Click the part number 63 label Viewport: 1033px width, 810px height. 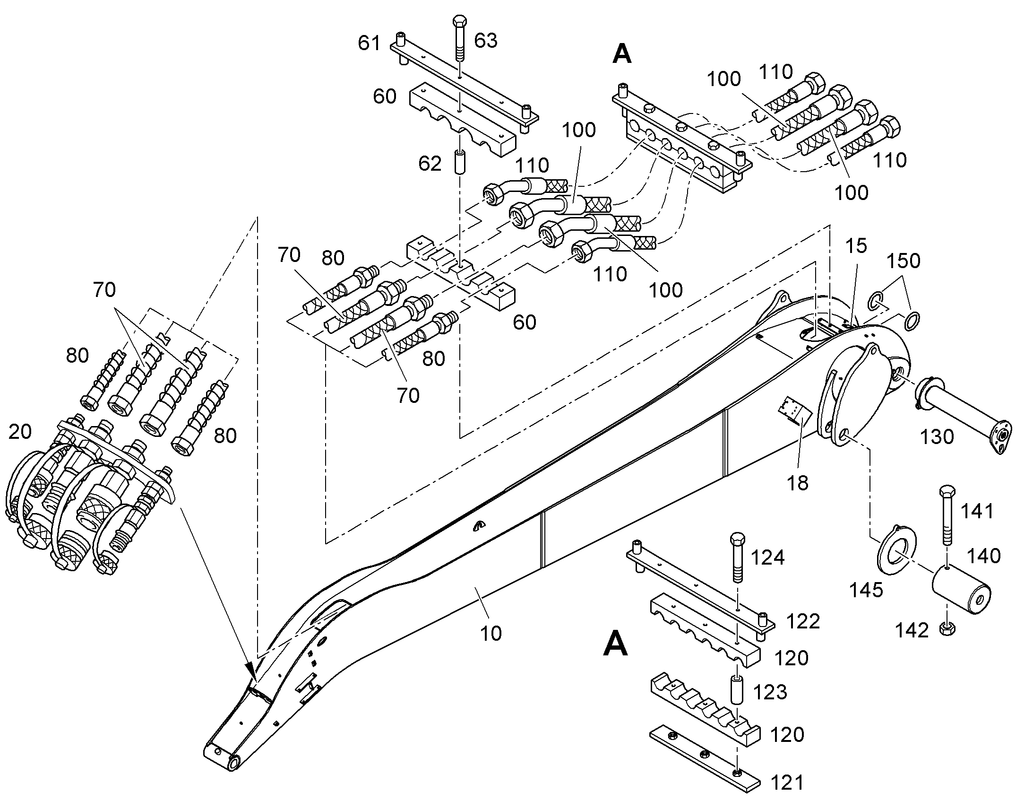(x=486, y=41)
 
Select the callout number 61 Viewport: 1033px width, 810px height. (x=369, y=43)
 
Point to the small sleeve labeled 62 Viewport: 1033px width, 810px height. (x=460, y=162)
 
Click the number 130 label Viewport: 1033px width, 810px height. (x=937, y=437)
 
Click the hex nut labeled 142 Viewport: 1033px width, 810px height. (x=947, y=629)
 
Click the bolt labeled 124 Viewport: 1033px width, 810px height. (x=738, y=557)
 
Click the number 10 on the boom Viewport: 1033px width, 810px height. (x=491, y=634)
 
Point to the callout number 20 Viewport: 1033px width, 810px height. (x=20, y=432)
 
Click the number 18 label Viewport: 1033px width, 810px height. (x=798, y=483)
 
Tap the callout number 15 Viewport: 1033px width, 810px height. (x=856, y=246)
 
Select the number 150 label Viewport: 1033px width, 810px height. (x=904, y=261)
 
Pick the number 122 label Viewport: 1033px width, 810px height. (x=803, y=621)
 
